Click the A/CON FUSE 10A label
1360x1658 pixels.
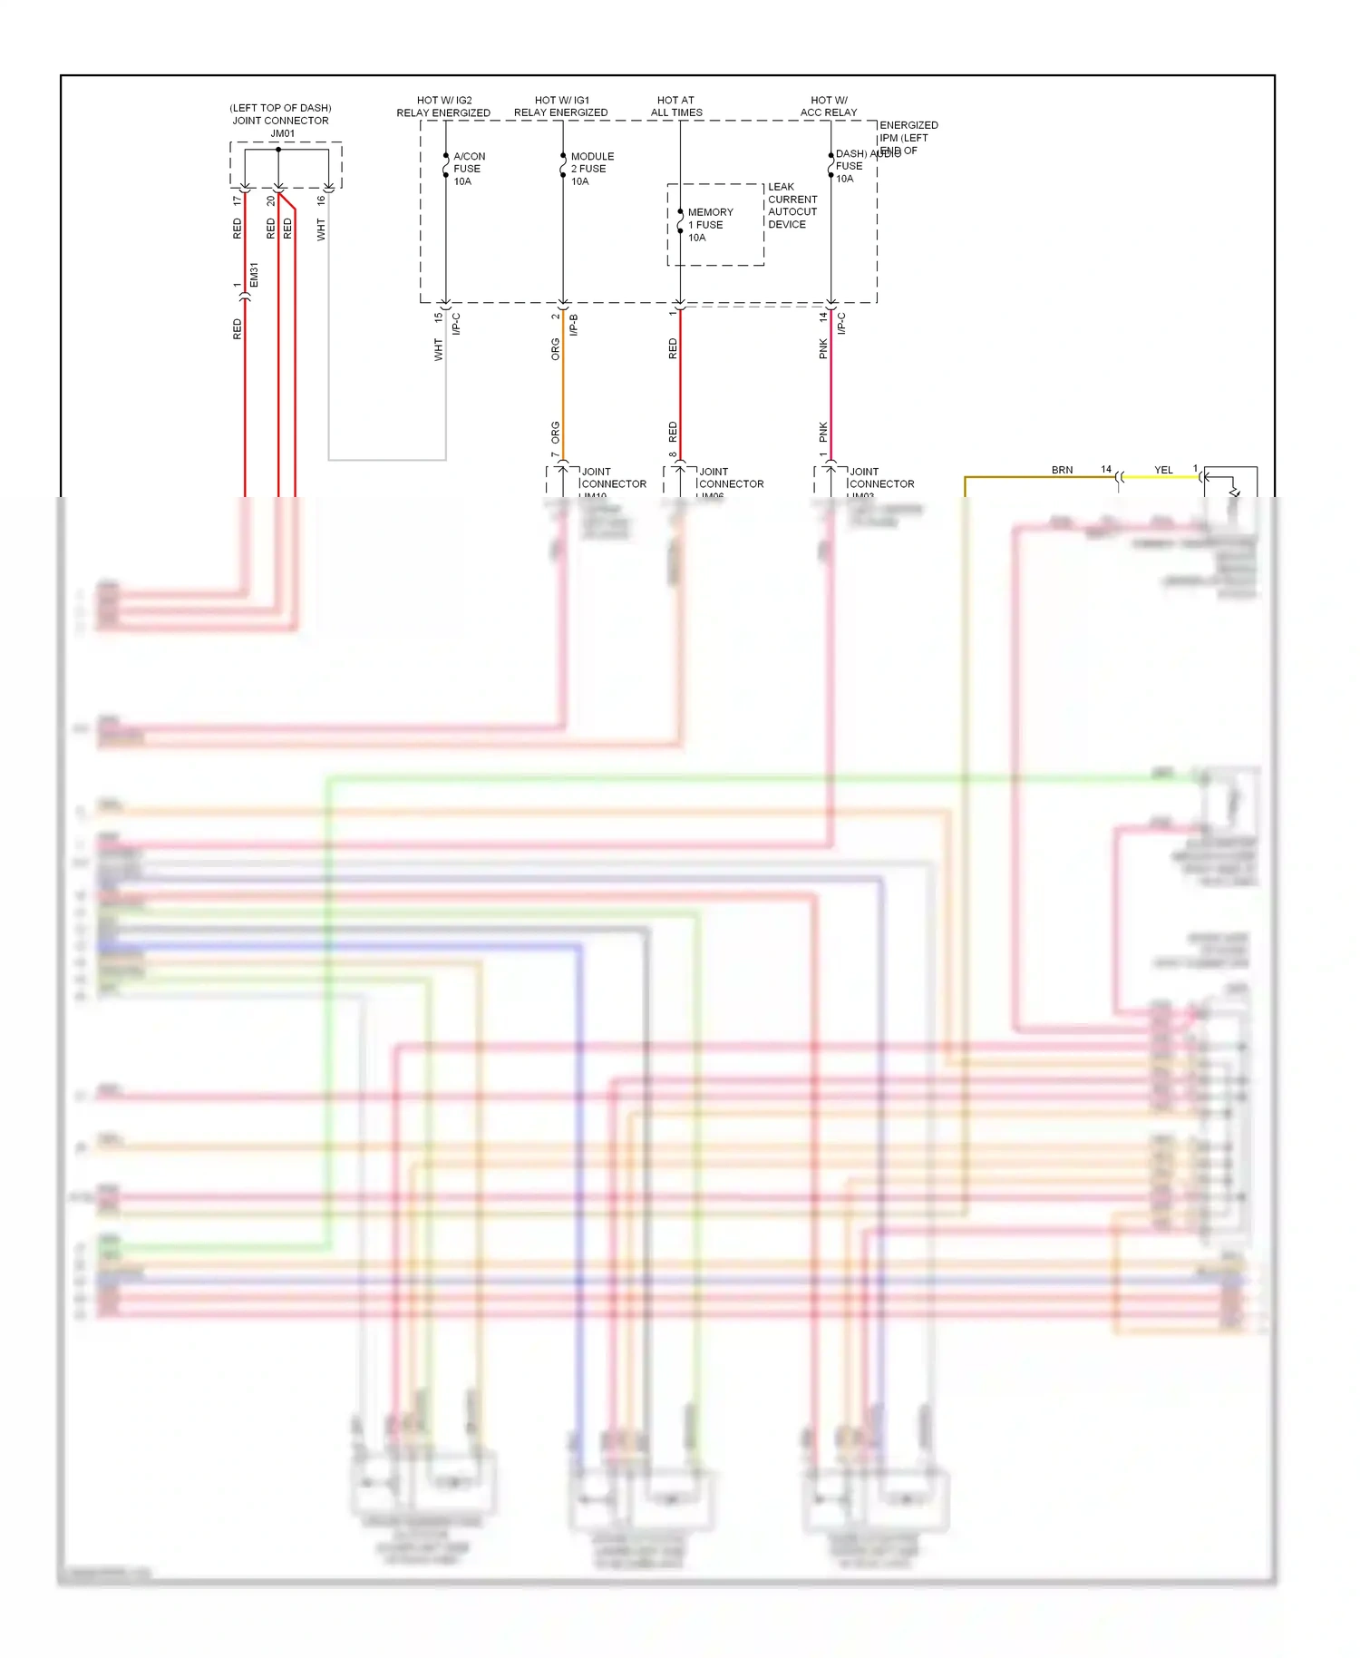coord(468,169)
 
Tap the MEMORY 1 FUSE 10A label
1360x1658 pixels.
coord(709,225)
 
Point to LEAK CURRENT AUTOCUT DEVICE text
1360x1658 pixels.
coord(792,206)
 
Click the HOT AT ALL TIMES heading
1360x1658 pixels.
coord(675,106)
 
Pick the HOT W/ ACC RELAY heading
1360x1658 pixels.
coord(828,106)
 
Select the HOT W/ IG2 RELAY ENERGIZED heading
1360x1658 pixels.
coord(443,106)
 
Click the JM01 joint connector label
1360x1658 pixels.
coord(282,133)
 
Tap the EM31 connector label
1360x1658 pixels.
coord(255,276)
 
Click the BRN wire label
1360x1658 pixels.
coord(1062,470)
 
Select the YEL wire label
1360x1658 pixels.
coord(1163,470)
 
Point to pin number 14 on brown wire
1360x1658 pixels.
coord(1106,469)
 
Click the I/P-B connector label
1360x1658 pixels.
coord(574,325)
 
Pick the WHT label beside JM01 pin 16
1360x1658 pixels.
coord(321,229)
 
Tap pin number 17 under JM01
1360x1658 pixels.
coord(237,200)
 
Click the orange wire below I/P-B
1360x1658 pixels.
coord(563,390)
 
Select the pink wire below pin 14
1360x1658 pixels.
coord(831,390)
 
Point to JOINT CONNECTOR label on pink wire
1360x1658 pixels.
coord(880,478)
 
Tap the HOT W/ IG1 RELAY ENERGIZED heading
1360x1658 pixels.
coord(561,106)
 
